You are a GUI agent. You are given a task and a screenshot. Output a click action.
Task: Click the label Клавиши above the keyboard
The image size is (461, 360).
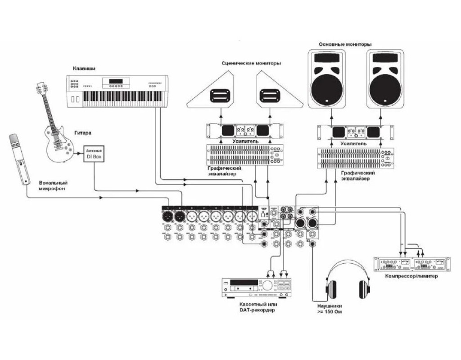85,68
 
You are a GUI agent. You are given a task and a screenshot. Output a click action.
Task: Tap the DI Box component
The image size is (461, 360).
95,154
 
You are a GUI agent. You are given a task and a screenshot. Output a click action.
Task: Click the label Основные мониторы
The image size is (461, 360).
345,44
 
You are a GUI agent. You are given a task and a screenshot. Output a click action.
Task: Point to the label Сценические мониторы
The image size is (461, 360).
251,63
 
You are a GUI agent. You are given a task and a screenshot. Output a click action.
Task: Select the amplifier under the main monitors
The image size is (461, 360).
355,133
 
